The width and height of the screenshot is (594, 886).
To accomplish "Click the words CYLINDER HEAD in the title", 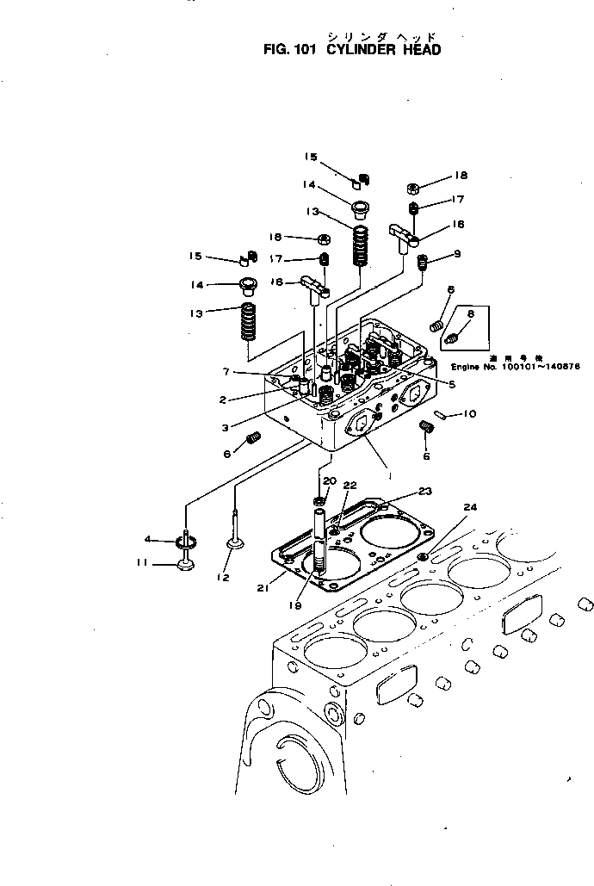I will (384, 50).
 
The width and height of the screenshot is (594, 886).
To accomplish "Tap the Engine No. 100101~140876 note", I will (516, 366).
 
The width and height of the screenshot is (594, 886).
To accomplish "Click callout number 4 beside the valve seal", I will (147, 540).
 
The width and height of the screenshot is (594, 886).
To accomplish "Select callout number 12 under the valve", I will (224, 578).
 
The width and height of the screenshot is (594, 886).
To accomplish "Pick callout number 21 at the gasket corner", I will (263, 588).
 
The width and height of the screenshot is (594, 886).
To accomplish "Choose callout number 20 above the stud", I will (330, 480).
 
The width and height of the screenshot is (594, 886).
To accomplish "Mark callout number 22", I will (350, 486).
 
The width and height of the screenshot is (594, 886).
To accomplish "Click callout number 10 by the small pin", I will (469, 414).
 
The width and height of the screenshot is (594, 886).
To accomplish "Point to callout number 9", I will (457, 253).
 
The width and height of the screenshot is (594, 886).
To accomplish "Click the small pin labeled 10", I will (441, 415).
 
